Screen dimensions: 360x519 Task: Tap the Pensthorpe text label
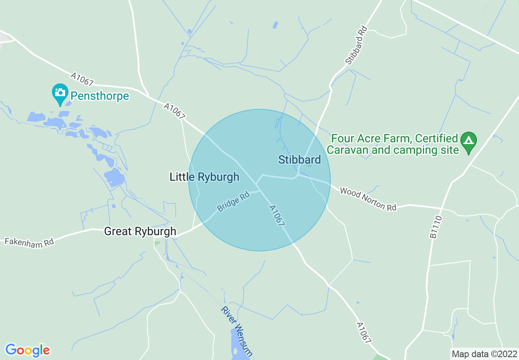[x=99, y=96]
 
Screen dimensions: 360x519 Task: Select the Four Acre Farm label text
[x=394, y=138]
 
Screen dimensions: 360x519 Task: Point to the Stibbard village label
[x=300, y=160]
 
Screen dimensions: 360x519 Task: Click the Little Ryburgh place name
[x=204, y=177]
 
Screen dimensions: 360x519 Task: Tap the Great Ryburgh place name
[x=140, y=231]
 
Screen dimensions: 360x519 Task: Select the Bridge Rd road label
[x=233, y=202]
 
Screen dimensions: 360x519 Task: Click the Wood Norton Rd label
[x=368, y=199]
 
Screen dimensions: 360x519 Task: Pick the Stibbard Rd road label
[x=356, y=45]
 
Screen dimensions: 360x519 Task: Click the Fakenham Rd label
[x=29, y=242]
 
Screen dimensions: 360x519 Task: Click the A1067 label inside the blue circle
[x=277, y=216]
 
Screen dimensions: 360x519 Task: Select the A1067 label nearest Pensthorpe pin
[x=82, y=79]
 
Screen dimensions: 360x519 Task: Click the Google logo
[x=27, y=350]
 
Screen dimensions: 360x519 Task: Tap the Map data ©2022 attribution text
[x=484, y=354]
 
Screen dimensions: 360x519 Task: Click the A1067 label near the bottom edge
[x=363, y=333]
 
